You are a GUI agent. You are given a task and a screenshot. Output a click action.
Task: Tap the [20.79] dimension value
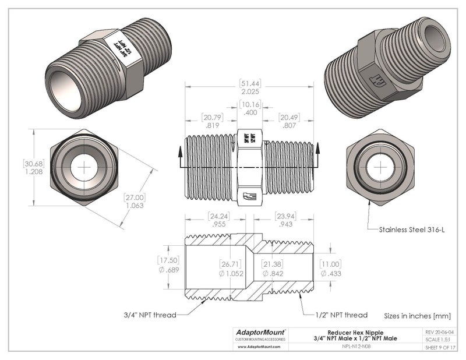click(x=212, y=117)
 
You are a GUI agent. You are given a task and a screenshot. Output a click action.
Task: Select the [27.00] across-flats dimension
click(x=135, y=197)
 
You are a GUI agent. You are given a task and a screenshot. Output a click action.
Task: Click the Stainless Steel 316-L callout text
click(x=412, y=230)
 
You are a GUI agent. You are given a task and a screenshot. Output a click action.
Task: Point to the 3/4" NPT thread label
click(x=150, y=315)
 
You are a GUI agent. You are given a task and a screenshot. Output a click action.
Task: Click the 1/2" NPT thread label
click(x=341, y=315)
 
